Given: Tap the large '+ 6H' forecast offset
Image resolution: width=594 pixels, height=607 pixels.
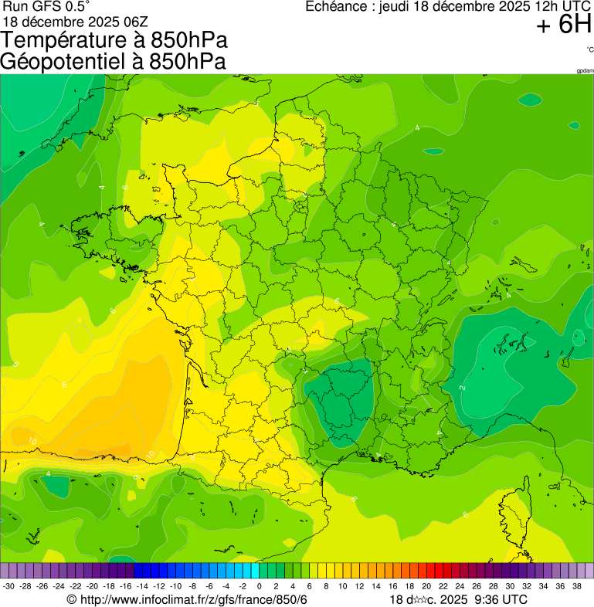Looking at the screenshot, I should (x=564, y=26).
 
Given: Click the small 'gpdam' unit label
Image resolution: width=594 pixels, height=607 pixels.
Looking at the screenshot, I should (x=585, y=71).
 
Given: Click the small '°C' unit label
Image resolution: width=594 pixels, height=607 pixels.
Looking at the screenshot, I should (x=589, y=49).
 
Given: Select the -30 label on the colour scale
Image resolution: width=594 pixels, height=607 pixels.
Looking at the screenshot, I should (x=9, y=586).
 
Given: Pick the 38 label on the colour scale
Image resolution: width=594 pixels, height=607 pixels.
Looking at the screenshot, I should (x=577, y=586).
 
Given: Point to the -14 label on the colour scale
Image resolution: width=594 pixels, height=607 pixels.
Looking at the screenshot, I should (x=142, y=586).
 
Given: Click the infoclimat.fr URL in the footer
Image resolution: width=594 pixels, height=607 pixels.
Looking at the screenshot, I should (x=193, y=599).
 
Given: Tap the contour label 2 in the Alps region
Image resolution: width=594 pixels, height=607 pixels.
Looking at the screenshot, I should (x=462, y=387).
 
